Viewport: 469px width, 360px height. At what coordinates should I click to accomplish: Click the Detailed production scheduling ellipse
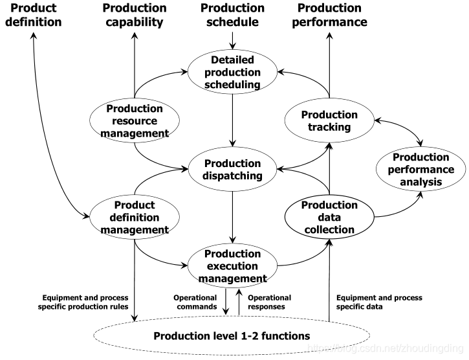pos(232,72)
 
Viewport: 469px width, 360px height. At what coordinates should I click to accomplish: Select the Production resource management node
pos(135,120)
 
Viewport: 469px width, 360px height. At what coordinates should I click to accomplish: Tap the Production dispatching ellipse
pos(232,169)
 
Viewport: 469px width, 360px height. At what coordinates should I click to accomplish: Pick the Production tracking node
pos(329,120)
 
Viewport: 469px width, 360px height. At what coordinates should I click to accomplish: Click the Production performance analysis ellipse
pos(421,169)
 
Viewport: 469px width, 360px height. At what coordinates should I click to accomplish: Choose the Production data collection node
pos(329,217)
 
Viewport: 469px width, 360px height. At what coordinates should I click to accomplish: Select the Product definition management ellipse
pos(135,217)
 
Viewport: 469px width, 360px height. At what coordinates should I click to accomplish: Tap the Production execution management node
pos(232,266)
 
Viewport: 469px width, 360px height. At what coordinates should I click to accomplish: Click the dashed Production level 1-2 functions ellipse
pos(232,336)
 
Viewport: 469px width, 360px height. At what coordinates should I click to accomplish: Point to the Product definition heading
pos(34,15)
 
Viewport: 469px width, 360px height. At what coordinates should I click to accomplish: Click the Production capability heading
pos(135,16)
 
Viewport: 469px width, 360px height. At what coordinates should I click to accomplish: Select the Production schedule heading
pos(232,15)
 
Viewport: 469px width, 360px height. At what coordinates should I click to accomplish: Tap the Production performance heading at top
pos(330,16)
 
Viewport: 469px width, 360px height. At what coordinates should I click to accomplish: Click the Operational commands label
pos(195,302)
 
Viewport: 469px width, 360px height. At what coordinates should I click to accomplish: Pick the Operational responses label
pos(269,302)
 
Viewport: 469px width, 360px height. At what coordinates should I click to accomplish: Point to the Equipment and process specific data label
pos(379,302)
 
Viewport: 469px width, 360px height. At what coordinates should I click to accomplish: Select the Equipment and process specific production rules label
pos(83,302)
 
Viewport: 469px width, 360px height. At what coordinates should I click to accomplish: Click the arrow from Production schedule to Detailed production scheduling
pos(232,40)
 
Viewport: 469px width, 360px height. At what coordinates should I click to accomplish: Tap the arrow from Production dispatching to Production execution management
pos(232,218)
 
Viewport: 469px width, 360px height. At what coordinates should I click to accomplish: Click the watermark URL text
pos(386,348)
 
